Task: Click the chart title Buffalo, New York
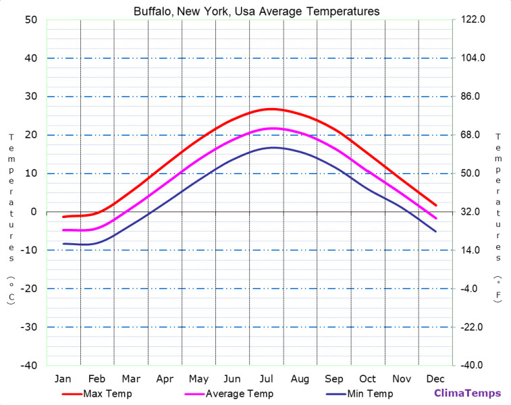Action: [x=256, y=11]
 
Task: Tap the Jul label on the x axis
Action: [x=267, y=378]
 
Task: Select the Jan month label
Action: [x=63, y=378]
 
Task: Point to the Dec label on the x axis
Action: [x=435, y=378]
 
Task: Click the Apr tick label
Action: [x=165, y=378]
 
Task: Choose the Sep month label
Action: [x=334, y=378]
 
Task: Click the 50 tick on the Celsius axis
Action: [x=30, y=20]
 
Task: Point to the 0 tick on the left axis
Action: [x=33, y=212]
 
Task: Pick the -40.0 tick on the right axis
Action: [x=471, y=366]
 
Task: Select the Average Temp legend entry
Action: [x=239, y=394]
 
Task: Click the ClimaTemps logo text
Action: [x=467, y=394]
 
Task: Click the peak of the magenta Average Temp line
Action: [x=273, y=128]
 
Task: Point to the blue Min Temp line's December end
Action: [x=436, y=232]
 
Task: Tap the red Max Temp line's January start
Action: [x=63, y=217]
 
